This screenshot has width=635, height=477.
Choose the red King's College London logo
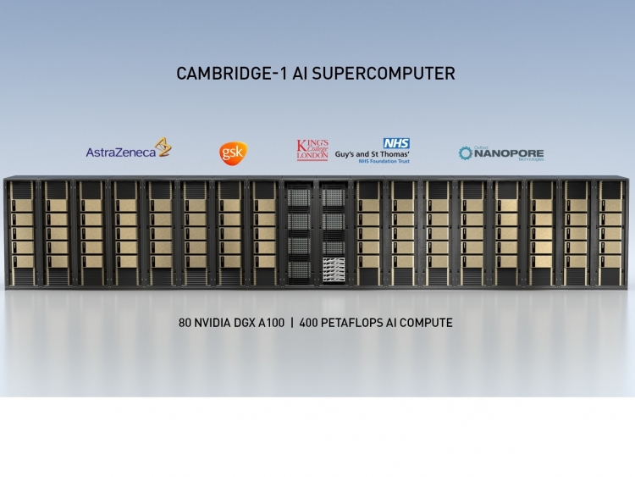[312, 150]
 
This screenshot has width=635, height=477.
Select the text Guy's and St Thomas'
[373, 154]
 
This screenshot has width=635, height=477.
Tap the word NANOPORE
[508, 152]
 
